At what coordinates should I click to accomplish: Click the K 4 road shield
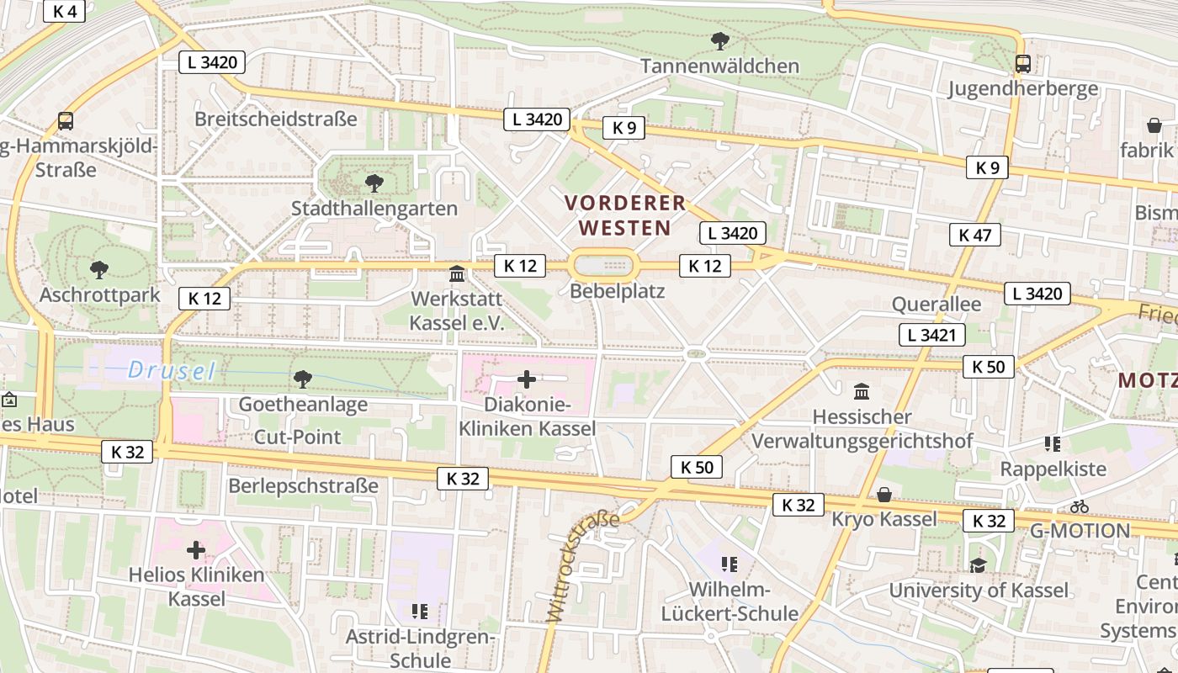point(64,11)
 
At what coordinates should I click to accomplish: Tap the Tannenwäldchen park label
point(719,66)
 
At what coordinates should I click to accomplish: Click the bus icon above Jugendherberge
point(1023,63)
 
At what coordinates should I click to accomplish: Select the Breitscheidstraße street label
point(276,119)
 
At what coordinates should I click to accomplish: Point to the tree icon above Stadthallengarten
point(374,182)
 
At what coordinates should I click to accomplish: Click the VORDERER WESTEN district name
point(625,215)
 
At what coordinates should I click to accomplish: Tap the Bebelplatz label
point(617,292)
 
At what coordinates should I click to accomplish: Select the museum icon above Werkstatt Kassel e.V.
point(457,273)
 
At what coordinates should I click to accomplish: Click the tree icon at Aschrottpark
point(99,270)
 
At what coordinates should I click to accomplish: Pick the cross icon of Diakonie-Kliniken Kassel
point(527,379)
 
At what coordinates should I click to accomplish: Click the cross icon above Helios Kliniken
point(196,551)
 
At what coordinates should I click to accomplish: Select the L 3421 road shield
point(931,335)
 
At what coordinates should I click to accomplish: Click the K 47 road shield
point(975,235)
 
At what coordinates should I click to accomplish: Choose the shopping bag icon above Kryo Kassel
point(883,494)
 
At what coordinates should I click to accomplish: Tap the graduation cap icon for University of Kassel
point(978,565)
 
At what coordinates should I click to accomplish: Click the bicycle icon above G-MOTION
point(1080,506)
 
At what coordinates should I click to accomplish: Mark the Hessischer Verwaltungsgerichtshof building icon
point(862,391)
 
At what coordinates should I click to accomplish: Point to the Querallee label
point(936,304)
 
